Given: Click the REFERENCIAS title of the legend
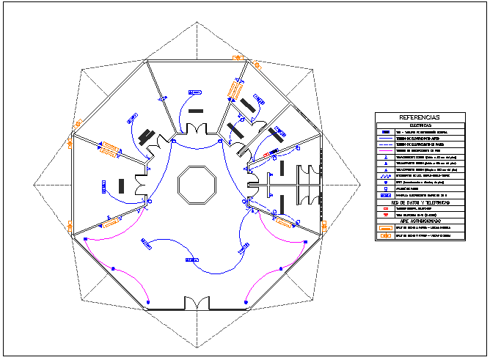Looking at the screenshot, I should pos(420,117).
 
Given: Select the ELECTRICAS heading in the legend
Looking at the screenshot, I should pos(420,125).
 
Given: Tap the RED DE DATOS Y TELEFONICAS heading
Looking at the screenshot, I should pos(420,202).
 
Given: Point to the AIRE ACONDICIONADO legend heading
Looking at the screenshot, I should pos(420,220).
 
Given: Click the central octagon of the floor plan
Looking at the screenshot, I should pos(197,183).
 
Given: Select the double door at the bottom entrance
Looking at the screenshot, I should pos(196,303).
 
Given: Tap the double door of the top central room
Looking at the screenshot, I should pos(196,130).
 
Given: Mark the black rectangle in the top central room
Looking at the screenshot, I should pos(196,111).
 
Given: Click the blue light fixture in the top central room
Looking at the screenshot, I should pos(194,92).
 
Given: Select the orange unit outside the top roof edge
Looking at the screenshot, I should pos(237,56).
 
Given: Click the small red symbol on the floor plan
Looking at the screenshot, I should pos(266,156).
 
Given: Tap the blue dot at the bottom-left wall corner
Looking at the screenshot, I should pos(147,302).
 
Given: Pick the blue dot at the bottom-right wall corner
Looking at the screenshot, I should pos(246,302).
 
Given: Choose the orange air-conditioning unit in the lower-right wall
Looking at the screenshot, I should pos(285,221).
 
